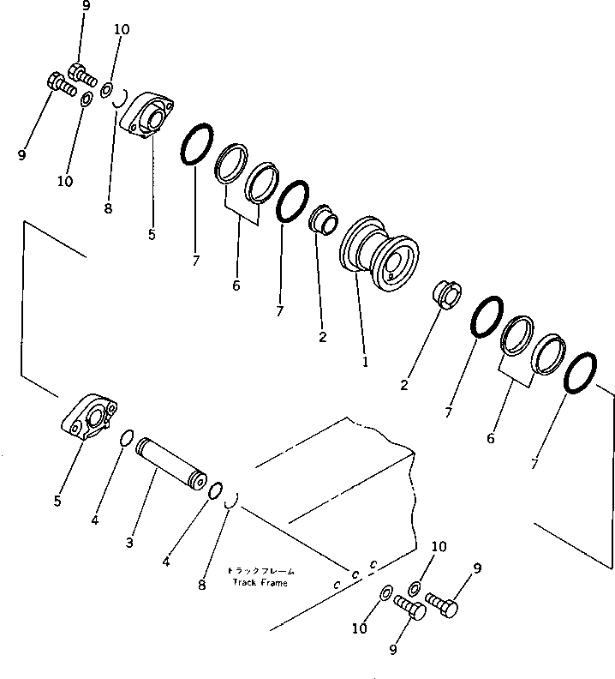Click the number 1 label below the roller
[365, 362]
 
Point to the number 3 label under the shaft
[129, 543]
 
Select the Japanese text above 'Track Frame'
[260, 571]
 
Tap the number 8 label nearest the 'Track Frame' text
[201, 586]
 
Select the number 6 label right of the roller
[490, 438]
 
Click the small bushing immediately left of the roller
[322, 219]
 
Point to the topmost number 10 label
[121, 29]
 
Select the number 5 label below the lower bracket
[57, 501]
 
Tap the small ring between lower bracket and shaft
[125, 438]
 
